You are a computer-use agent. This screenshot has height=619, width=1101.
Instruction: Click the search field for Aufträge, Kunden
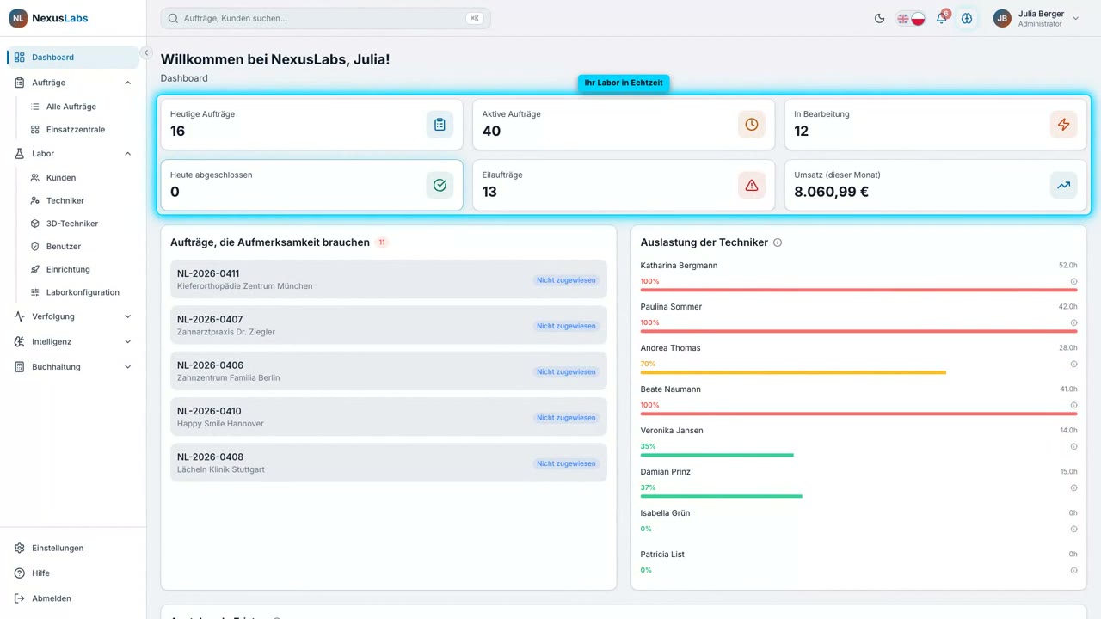click(325, 18)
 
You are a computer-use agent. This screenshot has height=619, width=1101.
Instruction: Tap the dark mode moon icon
click(879, 18)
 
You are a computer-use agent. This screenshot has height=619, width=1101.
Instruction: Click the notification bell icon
click(941, 18)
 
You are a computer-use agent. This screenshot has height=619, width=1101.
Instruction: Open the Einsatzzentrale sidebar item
click(75, 129)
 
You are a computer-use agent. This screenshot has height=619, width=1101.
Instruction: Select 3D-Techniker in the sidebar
click(71, 223)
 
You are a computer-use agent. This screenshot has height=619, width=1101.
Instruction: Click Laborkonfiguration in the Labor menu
click(83, 291)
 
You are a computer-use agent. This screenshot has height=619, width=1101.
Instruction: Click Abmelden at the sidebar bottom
click(51, 598)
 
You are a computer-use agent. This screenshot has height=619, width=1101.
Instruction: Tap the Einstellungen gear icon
click(19, 548)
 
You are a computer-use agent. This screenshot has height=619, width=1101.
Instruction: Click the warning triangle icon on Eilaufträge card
click(751, 185)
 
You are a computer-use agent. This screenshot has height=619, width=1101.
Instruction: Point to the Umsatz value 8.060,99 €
click(831, 192)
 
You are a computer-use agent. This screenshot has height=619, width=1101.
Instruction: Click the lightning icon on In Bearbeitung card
click(1063, 125)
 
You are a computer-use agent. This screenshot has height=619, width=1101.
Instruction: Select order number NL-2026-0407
click(210, 319)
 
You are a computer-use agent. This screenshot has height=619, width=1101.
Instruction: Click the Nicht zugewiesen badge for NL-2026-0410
click(566, 418)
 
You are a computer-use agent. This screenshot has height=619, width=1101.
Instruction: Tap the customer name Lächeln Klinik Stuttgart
click(221, 469)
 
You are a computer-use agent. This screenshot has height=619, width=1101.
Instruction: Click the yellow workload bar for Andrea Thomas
click(793, 372)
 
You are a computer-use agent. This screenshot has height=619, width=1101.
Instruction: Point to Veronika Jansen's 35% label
click(648, 446)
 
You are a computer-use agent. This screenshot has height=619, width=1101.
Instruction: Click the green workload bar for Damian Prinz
click(721, 496)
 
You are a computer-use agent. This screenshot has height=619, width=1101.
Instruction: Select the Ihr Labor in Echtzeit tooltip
click(624, 83)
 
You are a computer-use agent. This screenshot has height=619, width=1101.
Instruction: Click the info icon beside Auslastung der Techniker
click(777, 242)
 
